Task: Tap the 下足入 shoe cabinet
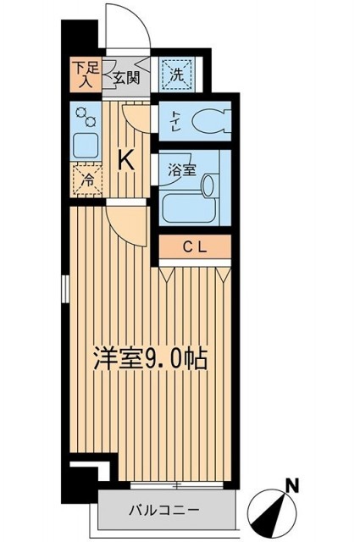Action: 82,74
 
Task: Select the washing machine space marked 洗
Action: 177,74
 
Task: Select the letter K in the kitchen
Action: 125,158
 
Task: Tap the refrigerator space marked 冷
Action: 86,179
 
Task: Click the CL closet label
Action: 196,246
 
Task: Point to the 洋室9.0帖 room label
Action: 149,357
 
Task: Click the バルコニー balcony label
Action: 164,512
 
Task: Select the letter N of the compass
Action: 291,486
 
